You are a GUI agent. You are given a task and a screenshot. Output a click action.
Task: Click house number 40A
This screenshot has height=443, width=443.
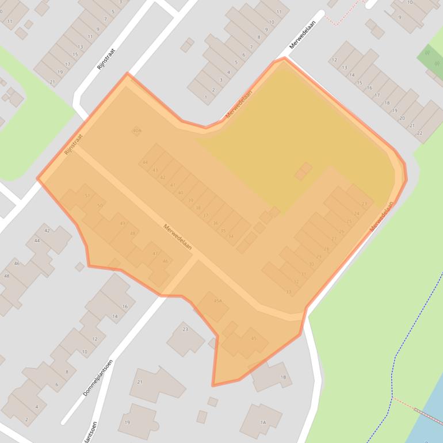click(137, 131)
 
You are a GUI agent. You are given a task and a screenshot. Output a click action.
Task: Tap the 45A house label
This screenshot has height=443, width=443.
click(217, 301)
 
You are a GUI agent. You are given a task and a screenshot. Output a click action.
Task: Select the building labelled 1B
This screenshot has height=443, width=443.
click(282, 377)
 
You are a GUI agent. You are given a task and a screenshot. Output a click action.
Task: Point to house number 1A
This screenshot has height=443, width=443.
click(262, 423)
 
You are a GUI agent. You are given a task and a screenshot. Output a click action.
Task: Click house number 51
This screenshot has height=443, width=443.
click(87, 196)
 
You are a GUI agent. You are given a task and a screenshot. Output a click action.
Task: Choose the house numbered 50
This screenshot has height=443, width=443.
click(100, 205)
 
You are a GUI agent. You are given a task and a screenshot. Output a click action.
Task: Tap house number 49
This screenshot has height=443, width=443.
click(122, 223)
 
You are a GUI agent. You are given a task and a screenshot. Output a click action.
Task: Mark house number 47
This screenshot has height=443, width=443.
click(155, 253)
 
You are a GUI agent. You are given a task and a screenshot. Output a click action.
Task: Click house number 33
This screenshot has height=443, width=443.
click(288, 292)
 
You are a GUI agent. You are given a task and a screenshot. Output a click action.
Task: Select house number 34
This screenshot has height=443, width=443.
click(231, 236)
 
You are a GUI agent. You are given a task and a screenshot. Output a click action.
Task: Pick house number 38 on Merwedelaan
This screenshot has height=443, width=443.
click(198, 208)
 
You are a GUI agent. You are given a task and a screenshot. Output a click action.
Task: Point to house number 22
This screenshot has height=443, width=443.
click(419, 133)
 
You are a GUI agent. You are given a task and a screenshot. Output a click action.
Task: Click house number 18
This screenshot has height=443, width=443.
click(387, 102)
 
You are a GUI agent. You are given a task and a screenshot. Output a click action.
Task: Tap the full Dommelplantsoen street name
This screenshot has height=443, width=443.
click(98, 377)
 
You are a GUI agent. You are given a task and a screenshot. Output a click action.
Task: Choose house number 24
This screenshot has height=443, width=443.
click(356, 213)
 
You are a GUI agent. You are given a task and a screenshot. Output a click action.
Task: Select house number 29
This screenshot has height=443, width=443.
click(319, 257)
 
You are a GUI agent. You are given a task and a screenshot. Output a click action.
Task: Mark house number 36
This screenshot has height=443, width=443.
click(215, 223)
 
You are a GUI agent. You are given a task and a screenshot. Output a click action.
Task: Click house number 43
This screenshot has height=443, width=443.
click(155, 170)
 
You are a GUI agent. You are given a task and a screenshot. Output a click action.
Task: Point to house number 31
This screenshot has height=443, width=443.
click(304, 274)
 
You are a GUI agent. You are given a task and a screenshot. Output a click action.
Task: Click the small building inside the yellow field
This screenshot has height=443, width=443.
click(303, 170)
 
